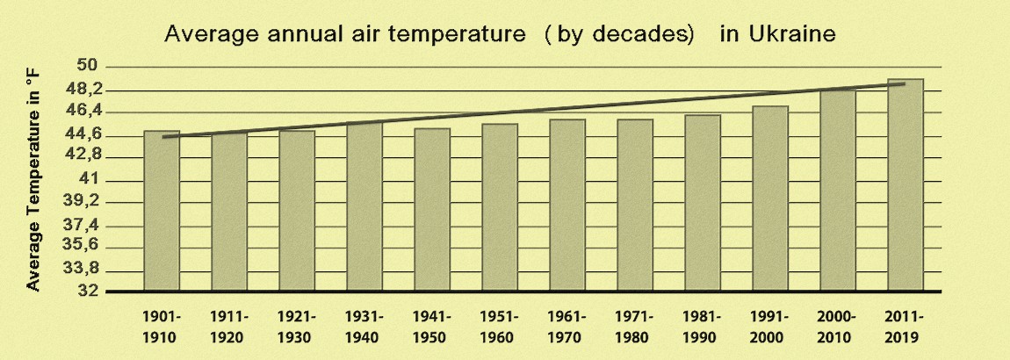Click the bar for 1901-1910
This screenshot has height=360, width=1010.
tap(162, 212)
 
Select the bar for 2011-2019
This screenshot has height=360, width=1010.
tap(905, 185)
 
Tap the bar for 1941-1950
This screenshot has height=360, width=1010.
tap(432, 210)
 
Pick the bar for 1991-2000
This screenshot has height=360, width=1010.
tap(770, 198)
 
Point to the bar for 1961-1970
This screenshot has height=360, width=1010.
tap(567, 205)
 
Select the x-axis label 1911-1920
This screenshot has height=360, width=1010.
tap(229, 326)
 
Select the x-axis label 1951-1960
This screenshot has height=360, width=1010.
tap(500, 326)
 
